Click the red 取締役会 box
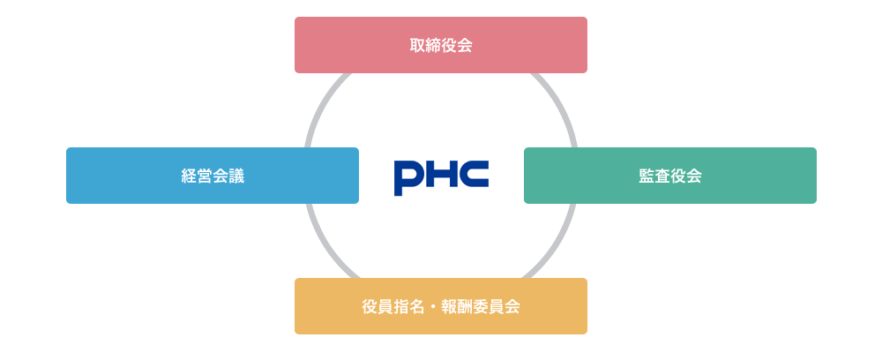point(441,45)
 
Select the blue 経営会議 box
point(213,176)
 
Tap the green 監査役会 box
point(670,176)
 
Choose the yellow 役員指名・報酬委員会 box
point(441,306)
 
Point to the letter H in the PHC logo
point(442,176)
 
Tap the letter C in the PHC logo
point(474,176)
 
